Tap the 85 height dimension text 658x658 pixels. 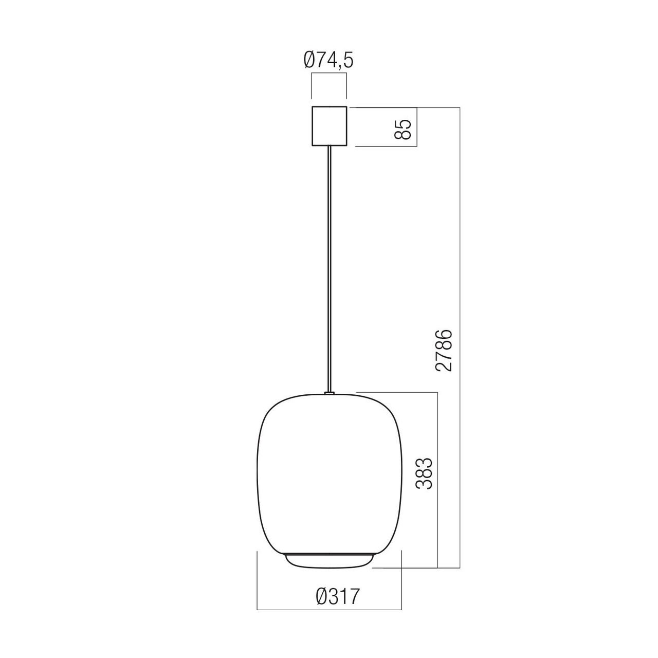tap(402, 129)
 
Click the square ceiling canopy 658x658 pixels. tap(329, 126)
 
